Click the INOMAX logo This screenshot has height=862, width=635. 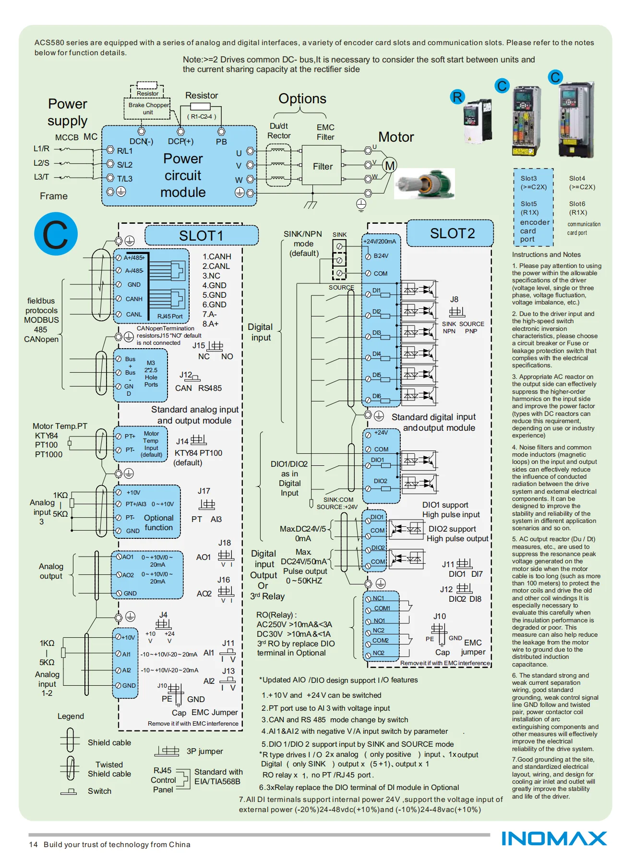point(554,838)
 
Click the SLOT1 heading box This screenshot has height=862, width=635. point(201,235)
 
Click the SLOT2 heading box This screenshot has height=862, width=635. point(450,233)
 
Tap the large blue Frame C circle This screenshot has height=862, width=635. point(56,234)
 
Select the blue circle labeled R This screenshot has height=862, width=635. point(457,97)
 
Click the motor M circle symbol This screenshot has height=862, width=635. point(390,166)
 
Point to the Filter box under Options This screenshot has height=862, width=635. point(322,166)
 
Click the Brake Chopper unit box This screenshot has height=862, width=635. point(148,108)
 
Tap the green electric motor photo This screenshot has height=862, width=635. point(425,183)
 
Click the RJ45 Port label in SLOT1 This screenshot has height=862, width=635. point(170,316)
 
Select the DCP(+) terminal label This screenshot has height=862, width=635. point(180,141)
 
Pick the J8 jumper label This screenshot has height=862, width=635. point(454,299)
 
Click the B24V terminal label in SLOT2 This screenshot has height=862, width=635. point(381,256)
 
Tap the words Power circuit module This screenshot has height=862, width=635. point(183,175)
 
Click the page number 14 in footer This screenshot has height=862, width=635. point(33,844)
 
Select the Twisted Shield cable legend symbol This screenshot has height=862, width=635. point(70,768)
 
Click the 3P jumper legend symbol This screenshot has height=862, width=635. point(167,751)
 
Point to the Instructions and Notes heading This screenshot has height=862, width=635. point(546,255)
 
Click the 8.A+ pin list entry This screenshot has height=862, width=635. point(210,324)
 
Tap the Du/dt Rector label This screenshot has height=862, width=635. point(279,131)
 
